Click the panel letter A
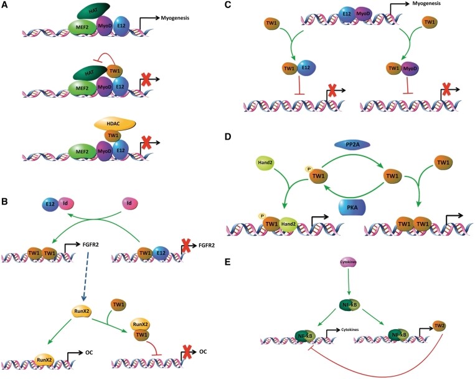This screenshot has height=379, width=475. (5, 4)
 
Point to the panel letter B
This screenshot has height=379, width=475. (5, 202)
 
